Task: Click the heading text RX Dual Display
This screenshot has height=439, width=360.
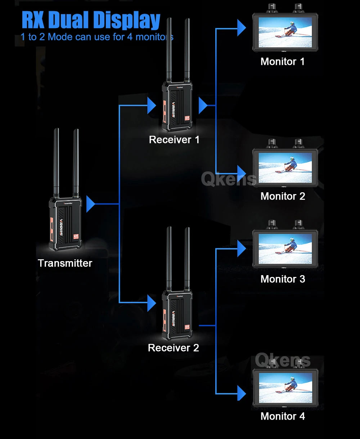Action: [x=91, y=21]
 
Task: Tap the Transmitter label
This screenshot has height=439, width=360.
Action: [x=65, y=263]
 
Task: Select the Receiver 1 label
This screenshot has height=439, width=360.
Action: [x=174, y=140]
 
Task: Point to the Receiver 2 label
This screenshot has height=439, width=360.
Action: [x=173, y=348]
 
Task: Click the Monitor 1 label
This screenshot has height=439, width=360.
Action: [x=282, y=62]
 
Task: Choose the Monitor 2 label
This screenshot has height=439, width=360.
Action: [x=283, y=196]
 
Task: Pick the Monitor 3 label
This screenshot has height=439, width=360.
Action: [x=283, y=279]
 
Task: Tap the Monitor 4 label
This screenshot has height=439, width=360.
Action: [x=283, y=416]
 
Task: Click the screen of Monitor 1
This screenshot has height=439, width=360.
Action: [x=285, y=32]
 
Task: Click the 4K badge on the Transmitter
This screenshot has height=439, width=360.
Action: [x=76, y=237]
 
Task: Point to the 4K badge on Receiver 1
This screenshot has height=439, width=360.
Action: [x=187, y=118]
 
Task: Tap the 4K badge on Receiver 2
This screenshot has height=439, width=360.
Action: [x=187, y=327]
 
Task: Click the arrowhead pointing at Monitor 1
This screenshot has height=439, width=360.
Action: [x=241, y=28]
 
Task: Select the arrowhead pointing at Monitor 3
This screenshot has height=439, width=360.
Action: [x=241, y=248]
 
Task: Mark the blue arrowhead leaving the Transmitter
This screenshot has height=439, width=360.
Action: [x=90, y=204]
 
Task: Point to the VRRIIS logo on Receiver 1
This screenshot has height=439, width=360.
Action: [x=174, y=109]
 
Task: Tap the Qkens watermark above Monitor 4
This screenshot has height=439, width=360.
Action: [x=282, y=360]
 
